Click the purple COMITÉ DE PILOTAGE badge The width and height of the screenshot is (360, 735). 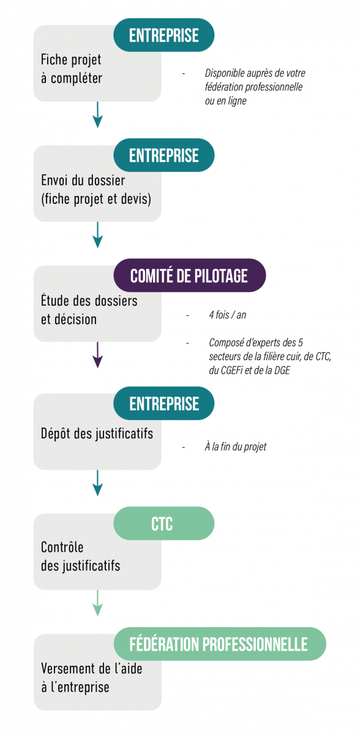[190, 275]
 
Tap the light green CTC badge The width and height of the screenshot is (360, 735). [163, 523]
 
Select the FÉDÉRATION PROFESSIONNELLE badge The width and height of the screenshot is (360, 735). [220, 644]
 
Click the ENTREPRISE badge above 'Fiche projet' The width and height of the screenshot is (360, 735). [163, 35]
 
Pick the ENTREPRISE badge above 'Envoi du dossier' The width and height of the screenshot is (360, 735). [163, 155]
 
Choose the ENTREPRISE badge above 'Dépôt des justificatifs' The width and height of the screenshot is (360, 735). [163, 403]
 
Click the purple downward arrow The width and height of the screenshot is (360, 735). [97, 355]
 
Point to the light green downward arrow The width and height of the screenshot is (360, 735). [97, 603]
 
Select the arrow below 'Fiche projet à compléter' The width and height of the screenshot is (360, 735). [97, 115]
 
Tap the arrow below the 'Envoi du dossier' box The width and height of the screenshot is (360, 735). [97, 235]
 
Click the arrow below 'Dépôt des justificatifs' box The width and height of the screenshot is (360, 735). [97, 483]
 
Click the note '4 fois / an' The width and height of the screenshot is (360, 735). [228, 315]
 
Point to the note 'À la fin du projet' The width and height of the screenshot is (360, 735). [236, 447]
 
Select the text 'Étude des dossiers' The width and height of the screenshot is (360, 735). [89, 300]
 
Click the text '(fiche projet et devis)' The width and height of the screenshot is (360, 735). [96, 199]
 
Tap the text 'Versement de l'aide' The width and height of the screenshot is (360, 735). [91, 668]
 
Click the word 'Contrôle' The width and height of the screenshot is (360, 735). [62, 547]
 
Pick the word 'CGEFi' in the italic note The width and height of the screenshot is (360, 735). [231, 371]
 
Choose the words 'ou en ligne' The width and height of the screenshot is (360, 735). [225, 100]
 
